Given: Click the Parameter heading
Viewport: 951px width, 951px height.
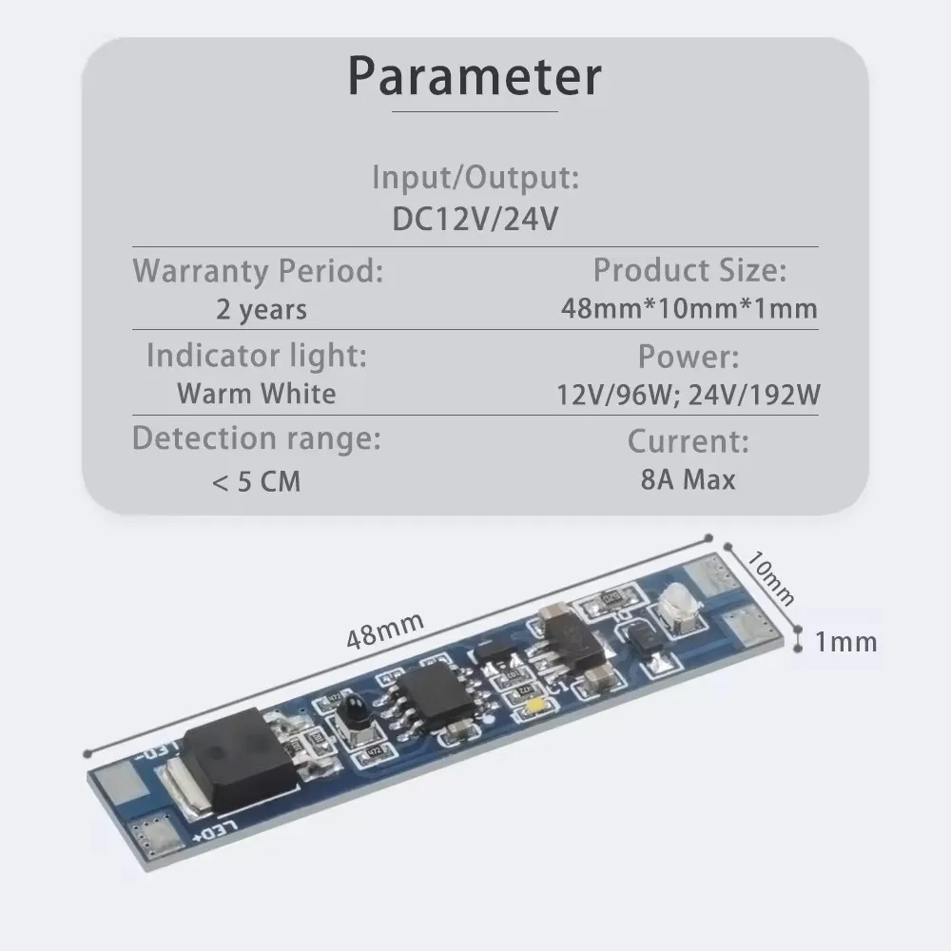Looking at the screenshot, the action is click(475, 76).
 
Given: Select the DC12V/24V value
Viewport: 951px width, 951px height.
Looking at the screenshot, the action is click(475, 219).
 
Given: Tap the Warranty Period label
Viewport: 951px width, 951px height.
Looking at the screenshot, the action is click(258, 271).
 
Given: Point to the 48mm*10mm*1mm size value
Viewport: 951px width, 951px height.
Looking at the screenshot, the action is click(689, 309).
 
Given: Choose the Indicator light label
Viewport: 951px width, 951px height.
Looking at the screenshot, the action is click(257, 356).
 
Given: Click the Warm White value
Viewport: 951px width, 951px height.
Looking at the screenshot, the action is click(257, 394).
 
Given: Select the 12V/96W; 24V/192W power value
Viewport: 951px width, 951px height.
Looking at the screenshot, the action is click(689, 395).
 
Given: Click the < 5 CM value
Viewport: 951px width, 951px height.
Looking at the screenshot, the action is click(257, 481).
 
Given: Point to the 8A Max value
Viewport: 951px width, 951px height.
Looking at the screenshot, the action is click(689, 479).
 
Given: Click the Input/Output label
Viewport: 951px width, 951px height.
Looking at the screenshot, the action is click(475, 177).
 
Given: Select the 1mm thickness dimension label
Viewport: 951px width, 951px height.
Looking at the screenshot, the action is click(846, 642).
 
